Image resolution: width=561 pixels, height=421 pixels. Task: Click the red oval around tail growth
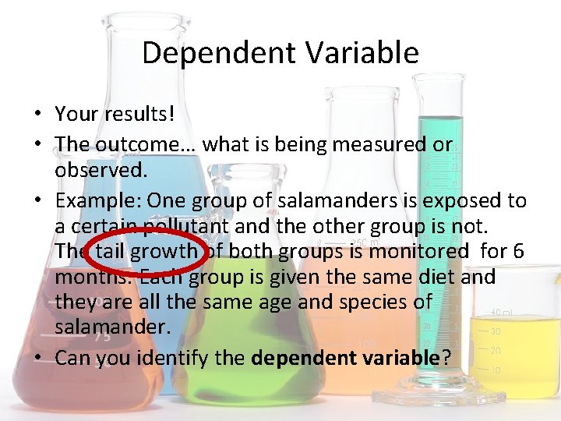[x=149, y=251]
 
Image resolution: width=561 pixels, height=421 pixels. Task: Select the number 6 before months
[x=518, y=251]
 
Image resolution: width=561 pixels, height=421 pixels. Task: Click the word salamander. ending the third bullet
[x=112, y=327]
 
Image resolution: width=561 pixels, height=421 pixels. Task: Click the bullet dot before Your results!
[x=37, y=115]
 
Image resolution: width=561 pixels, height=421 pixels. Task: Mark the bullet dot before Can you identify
[x=37, y=358]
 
